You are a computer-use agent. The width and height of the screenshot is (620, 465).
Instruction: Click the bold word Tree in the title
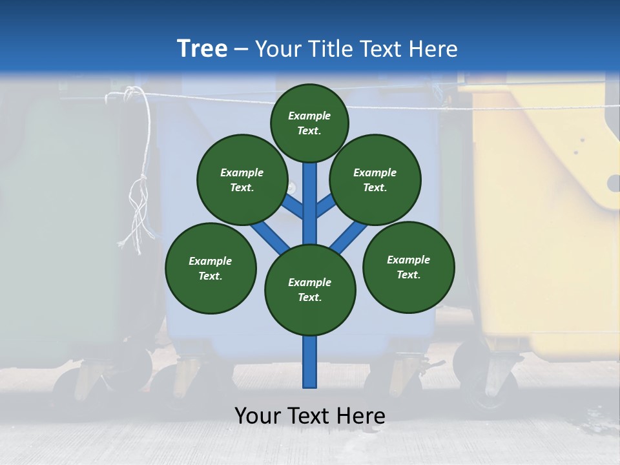point(202,49)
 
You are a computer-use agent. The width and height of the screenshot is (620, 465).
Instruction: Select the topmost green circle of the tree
point(309,123)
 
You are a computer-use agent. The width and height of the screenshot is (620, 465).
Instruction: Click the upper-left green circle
point(242,180)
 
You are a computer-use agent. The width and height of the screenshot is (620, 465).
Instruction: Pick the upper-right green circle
point(375,180)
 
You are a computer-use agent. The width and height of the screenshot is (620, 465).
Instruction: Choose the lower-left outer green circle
point(211,268)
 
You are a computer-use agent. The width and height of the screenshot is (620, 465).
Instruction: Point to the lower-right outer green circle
point(408,267)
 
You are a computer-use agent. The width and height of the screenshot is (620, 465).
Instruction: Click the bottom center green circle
point(310,290)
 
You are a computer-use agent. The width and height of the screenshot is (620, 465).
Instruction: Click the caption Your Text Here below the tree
point(310,416)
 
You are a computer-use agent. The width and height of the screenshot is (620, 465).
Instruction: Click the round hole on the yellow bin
point(614,183)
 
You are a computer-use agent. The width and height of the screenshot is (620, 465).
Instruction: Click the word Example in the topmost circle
point(309,116)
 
